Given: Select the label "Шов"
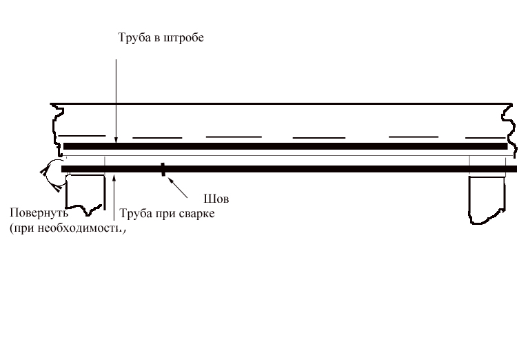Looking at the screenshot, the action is click(216, 199).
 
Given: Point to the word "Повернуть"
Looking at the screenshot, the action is click(39, 213).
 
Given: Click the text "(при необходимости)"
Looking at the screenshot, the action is click(68, 228).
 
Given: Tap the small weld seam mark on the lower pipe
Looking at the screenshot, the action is click(163, 169).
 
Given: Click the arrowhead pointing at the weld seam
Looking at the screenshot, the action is click(172, 181).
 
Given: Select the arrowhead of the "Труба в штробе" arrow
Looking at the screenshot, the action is click(116, 140).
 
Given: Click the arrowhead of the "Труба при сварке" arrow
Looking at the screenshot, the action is click(114, 177).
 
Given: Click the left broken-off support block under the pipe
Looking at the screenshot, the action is click(85, 193).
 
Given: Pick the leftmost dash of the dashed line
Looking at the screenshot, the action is click(82, 136).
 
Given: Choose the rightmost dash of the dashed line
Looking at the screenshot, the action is click(485, 137).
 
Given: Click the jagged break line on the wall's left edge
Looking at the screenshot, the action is click(57, 130).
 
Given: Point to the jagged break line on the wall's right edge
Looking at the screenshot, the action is click(509, 130).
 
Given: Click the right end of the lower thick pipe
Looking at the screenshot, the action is click(516, 169).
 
